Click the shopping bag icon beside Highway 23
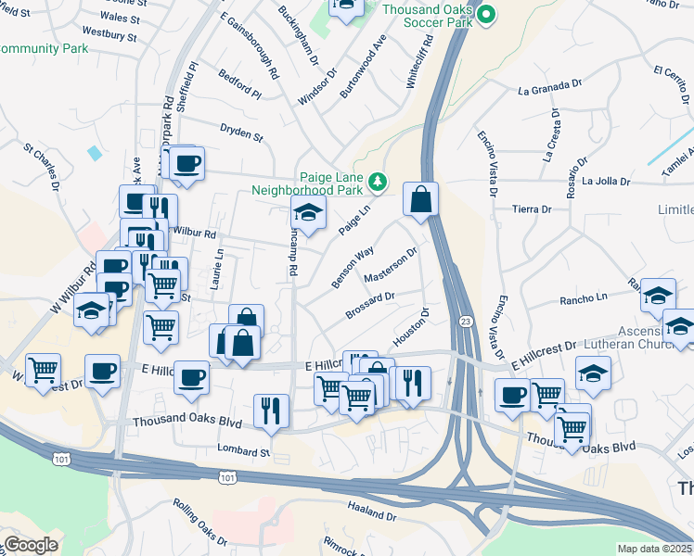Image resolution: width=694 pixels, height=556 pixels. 420,199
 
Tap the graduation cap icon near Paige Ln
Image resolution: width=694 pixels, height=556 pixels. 309,213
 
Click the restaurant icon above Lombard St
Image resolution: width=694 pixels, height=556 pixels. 271,410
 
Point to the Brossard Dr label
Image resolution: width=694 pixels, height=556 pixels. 371,305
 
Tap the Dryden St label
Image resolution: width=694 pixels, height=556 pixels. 242,133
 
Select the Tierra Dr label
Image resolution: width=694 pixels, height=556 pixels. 533,209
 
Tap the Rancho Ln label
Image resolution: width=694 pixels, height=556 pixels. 583,299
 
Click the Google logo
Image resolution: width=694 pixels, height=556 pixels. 31,545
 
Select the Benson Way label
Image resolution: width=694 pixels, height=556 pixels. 353,265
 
